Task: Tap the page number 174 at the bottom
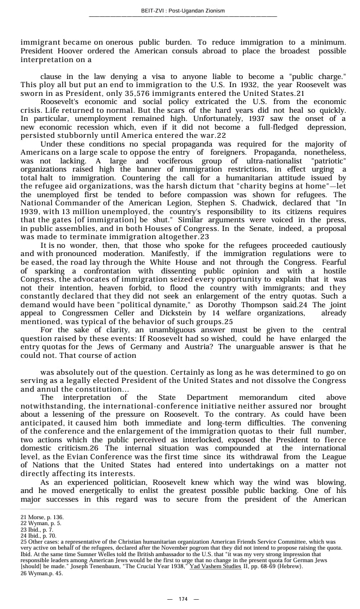(183, 599)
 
